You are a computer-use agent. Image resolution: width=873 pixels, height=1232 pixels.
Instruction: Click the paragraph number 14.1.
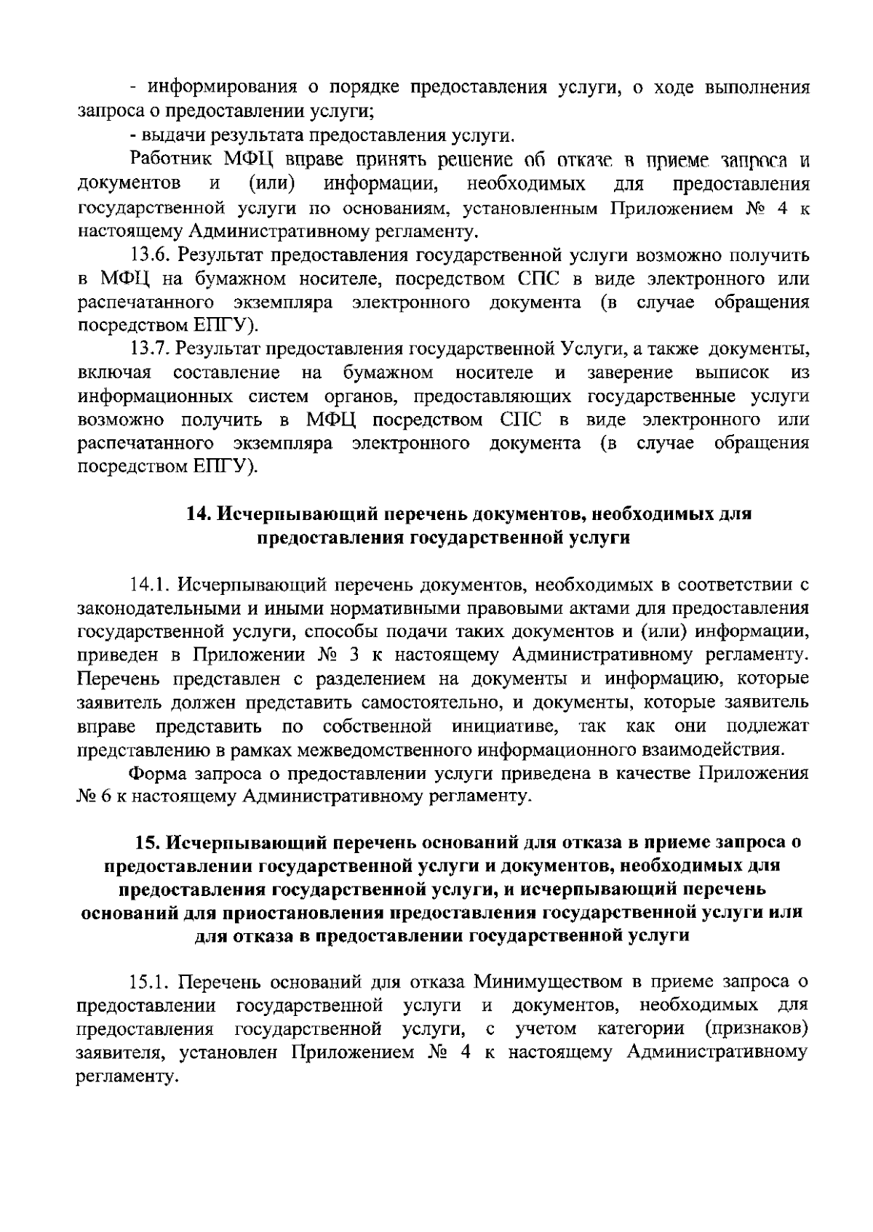click(x=149, y=584)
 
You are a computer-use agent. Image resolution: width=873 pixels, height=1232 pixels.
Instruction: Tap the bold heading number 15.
click(x=146, y=843)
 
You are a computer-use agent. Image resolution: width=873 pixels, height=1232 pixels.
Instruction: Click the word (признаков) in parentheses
click(x=756, y=1029)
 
